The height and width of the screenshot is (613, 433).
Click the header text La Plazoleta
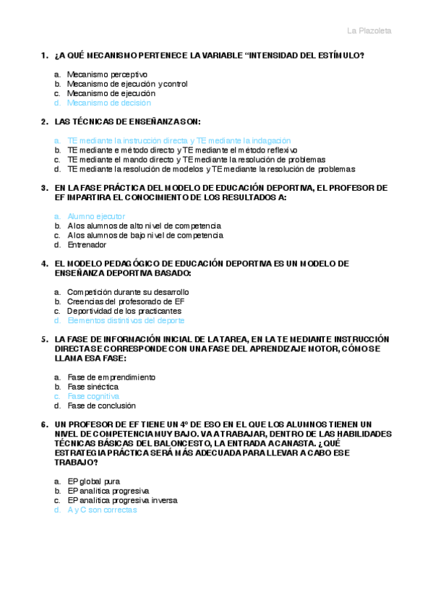[x=369, y=30]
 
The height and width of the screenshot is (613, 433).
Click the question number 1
[x=45, y=56]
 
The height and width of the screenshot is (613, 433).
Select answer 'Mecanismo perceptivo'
[x=107, y=74]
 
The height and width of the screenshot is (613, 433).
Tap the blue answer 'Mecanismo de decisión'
[x=109, y=103]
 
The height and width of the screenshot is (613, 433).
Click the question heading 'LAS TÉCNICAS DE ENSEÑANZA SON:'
[x=127, y=121]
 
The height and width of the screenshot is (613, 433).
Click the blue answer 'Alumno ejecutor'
[x=96, y=216]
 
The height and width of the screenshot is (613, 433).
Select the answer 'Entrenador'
[x=87, y=244]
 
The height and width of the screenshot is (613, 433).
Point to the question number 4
[x=45, y=263]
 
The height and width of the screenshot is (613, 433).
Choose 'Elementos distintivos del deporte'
[x=126, y=320]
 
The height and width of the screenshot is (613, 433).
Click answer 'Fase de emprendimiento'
[x=111, y=377]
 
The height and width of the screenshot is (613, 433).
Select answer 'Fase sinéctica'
[x=92, y=387]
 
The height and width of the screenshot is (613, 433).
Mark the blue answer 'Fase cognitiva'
[x=93, y=396]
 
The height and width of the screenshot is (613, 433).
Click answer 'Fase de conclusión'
[x=101, y=406]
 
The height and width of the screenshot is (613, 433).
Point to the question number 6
[x=45, y=424]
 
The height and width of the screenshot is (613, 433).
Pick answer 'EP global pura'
[x=94, y=481]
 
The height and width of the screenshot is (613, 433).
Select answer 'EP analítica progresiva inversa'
[x=122, y=500]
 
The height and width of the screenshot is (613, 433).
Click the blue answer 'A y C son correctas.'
[x=103, y=510]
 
